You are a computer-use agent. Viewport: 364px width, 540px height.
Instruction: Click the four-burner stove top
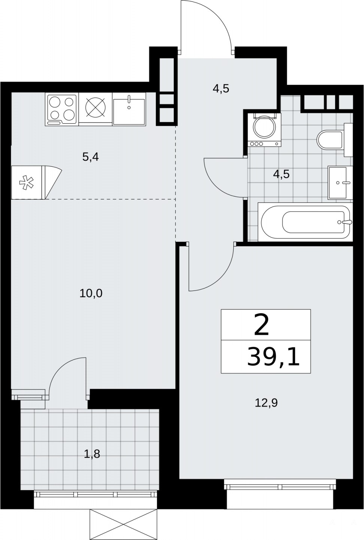coord(62,110)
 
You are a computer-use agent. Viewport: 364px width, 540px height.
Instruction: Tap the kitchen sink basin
coord(129,110)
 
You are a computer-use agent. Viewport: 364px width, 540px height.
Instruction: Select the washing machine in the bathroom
coord(265,130)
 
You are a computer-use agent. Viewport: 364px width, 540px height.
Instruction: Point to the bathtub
coord(305,222)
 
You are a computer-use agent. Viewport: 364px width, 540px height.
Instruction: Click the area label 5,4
coord(91,157)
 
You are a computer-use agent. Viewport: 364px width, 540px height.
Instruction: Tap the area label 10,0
coord(91,294)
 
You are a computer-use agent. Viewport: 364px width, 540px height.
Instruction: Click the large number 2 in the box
coord(261,326)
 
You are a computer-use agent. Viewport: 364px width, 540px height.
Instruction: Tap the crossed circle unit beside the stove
coord(96,107)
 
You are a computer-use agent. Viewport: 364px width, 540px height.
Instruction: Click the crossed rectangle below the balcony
coord(123,528)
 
